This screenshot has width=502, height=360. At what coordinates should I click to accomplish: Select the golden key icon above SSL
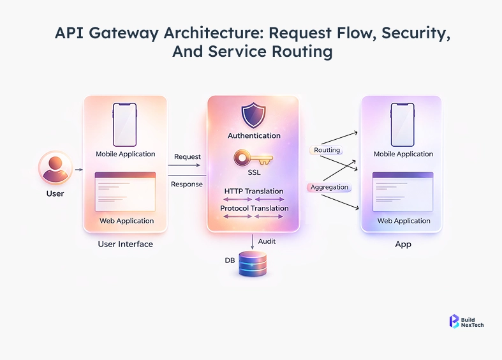coord(253,158)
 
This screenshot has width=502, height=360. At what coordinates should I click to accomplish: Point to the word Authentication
coord(254,136)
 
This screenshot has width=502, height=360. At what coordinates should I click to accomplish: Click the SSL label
coord(254,172)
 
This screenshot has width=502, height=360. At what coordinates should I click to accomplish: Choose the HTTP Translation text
coord(254,191)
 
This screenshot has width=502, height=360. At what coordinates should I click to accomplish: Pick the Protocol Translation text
coord(254,208)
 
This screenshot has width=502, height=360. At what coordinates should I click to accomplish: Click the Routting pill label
coord(327,151)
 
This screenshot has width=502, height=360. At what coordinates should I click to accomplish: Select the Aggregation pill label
coord(330,187)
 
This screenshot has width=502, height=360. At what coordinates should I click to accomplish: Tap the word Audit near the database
coord(267,241)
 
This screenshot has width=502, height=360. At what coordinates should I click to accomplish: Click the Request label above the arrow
coord(188,157)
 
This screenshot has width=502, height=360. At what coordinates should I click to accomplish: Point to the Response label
coord(187,184)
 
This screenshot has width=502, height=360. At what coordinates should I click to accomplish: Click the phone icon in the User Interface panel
coord(125,124)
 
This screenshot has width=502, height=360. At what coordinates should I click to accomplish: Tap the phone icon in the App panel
coord(403,124)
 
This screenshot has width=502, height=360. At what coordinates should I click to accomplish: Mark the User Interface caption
coord(125,244)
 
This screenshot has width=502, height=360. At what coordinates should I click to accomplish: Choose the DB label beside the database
coord(230,260)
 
